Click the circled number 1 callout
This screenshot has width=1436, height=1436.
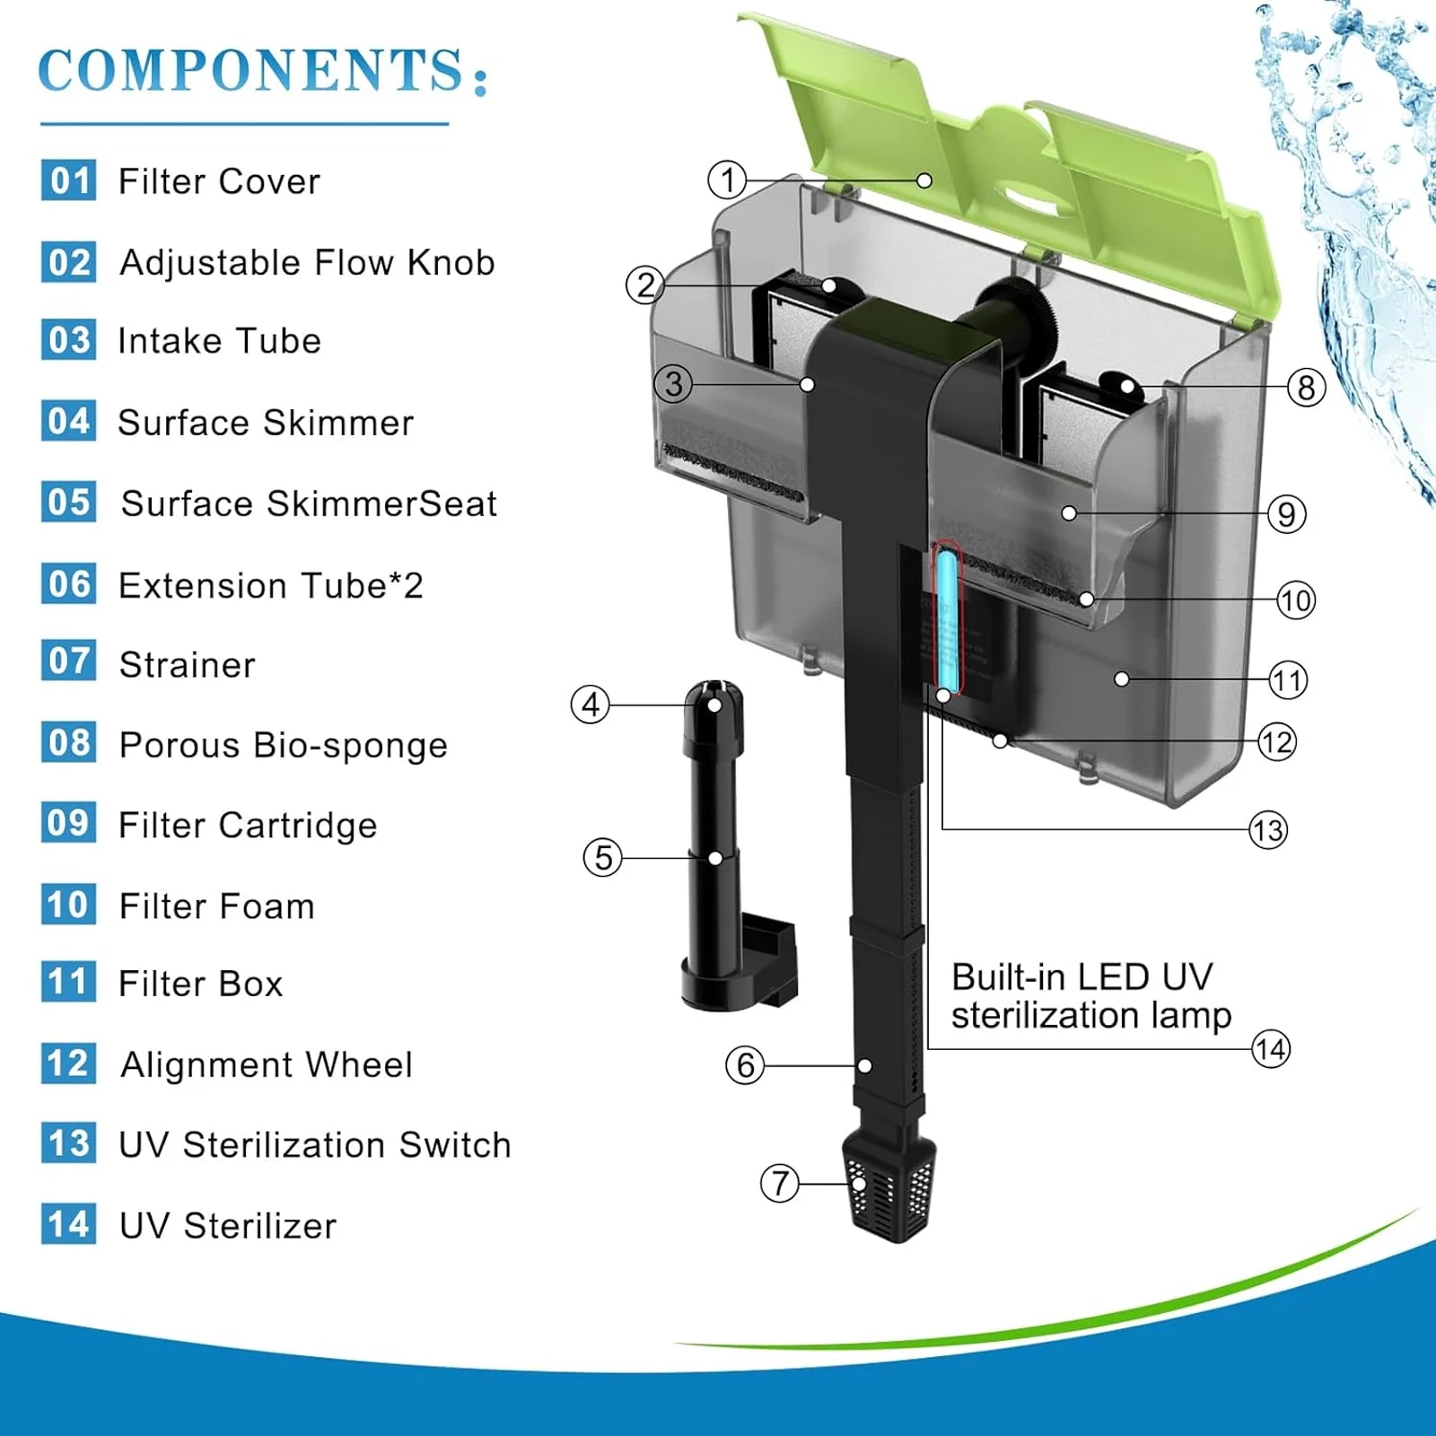pos(727,179)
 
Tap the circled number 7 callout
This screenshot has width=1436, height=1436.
pos(779,1183)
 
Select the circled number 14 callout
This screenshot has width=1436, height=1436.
pos(1271,1048)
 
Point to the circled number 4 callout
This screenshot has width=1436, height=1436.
pos(590,705)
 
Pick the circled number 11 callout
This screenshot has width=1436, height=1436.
pos(1288,680)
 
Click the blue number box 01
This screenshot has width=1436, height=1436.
pos(68,180)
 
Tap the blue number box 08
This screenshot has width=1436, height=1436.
pos(68,743)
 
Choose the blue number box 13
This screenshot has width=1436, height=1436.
pos(68,1143)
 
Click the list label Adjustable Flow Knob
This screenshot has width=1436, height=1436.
pos(307,263)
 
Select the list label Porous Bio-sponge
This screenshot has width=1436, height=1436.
pos(283,745)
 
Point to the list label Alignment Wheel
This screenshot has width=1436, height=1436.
pos(267,1065)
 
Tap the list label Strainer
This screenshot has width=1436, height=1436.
pos(187,665)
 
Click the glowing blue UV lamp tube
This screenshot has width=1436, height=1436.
pos(946,619)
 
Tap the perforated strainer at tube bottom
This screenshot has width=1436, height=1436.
pos(889,1189)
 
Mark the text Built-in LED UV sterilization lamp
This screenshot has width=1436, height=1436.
pos(1090,996)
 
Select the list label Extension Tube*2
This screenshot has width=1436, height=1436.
pos(270,586)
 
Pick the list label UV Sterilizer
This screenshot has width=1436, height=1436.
pos(228,1226)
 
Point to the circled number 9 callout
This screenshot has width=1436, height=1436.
pos(1286,514)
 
